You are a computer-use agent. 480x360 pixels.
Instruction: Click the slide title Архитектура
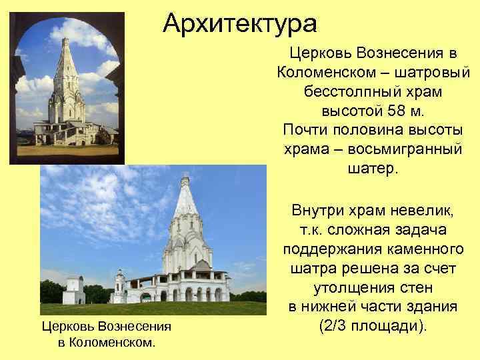click(240, 24)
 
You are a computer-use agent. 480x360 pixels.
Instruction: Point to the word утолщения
click(349, 288)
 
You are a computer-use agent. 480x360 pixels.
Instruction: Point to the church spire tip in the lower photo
click(185, 177)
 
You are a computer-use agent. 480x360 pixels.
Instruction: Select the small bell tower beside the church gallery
click(120, 284)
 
